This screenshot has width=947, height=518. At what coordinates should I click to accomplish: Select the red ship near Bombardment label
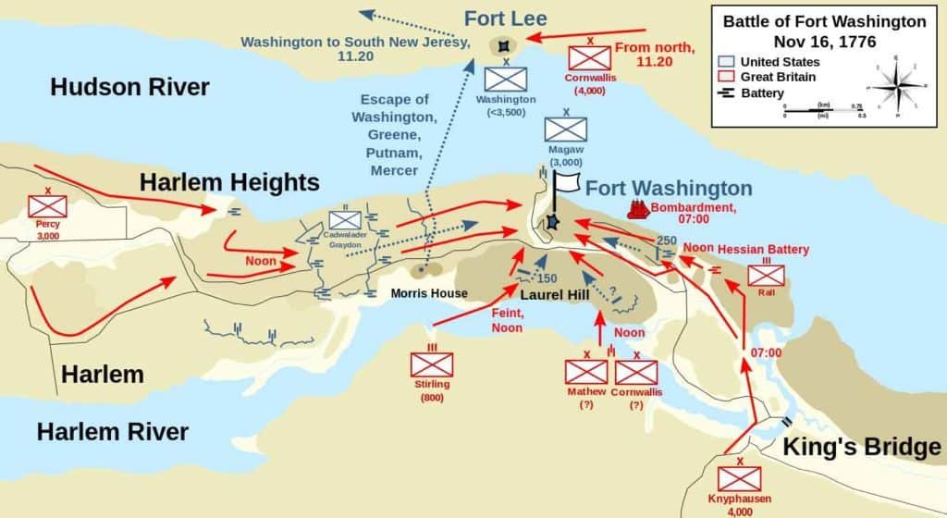[638, 209]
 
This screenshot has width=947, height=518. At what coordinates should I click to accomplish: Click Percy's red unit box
[47, 205]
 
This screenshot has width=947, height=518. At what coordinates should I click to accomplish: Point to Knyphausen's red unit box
[741, 478]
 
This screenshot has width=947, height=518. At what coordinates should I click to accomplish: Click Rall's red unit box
[766, 275]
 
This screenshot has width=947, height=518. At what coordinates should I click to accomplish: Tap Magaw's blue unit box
[565, 129]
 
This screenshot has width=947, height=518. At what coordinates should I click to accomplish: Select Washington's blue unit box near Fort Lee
[506, 78]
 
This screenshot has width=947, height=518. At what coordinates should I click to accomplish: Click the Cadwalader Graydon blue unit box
[345, 219]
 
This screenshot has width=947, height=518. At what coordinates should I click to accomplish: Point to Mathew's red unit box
[586, 372]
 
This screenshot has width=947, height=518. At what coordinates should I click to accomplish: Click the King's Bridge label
[861, 447]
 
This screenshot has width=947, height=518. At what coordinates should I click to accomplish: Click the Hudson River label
[129, 87]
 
